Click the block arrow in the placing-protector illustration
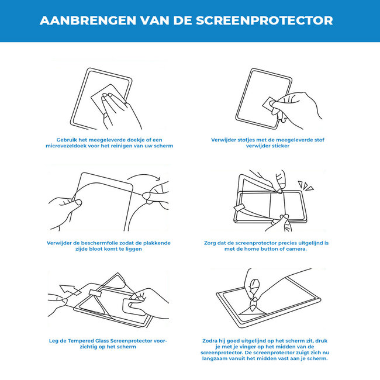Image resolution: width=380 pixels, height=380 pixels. tap(68, 289)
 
